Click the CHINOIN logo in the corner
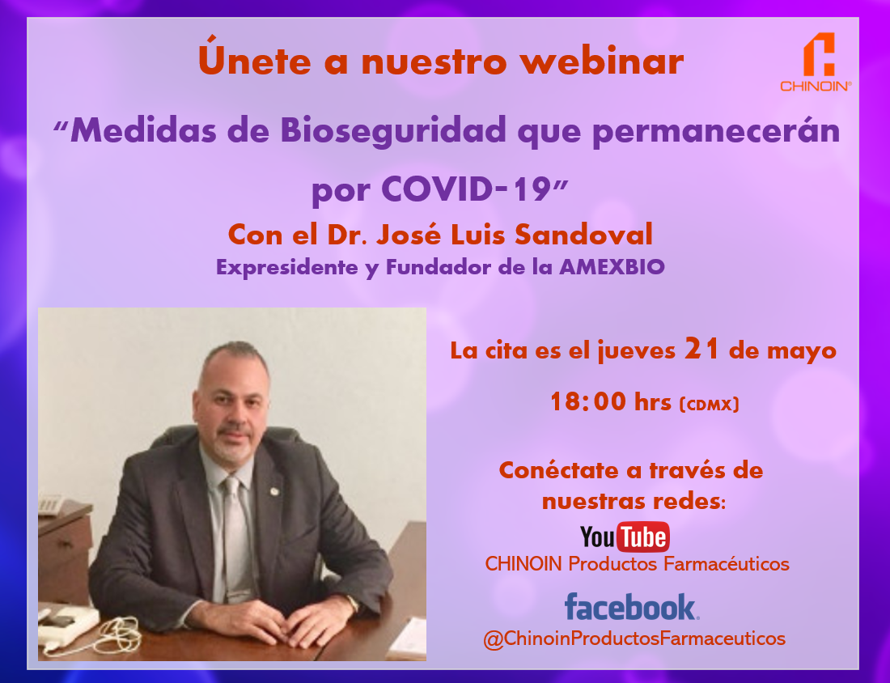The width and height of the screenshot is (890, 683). (x=816, y=62)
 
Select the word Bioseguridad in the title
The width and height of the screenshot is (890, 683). (x=392, y=130)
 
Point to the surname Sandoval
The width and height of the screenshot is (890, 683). (x=583, y=235)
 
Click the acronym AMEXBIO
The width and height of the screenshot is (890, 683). (x=612, y=267)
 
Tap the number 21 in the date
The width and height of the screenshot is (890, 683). (x=702, y=348)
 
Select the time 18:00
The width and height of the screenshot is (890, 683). (x=588, y=401)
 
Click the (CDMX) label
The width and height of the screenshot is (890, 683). (x=710, y=405)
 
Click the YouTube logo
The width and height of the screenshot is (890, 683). (x=625, y=537)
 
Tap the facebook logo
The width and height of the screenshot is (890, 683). (x=632, y=607)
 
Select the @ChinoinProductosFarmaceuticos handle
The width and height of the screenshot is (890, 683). (x=634, y=638)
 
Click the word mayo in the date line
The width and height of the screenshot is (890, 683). (x=802, y=351)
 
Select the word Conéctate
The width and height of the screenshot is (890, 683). (x=558, y=470)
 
